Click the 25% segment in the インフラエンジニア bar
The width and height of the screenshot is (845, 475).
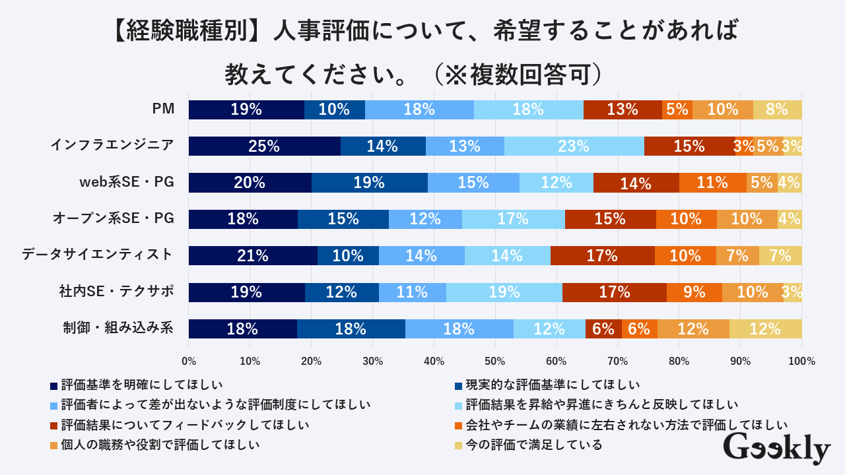(x=264, y=146)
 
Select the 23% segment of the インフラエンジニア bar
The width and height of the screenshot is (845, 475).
(x=574, y=146)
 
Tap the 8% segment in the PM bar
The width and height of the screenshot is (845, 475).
(x=777, y=110)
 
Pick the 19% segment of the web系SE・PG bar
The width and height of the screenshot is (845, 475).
(x=369, y=183)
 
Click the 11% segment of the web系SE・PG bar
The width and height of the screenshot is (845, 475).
(x=712, y=183)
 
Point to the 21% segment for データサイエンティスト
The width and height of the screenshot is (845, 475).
(x=253, y=255)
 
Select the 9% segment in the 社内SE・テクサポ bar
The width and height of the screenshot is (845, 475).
(x=694, y=292)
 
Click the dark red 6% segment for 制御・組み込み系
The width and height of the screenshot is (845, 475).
(x=603, y=328)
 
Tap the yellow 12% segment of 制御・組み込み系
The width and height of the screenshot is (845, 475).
(x=765, y=328)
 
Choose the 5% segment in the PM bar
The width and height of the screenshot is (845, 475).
(x=677, y=110)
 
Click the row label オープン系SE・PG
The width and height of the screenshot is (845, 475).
(x=113, y=218)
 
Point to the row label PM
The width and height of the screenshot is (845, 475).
(x=163, y=110)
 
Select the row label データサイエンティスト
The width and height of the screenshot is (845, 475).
(x=98, y=255)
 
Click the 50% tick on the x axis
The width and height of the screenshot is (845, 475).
(x=495, y=361)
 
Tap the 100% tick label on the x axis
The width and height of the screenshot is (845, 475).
(x=801, y=361)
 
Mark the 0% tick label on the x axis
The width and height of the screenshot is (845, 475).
(x=189, y=361)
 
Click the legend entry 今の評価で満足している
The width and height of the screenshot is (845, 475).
(x=533, y=445)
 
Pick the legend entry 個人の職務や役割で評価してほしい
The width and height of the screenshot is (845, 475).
(x=159, y=445)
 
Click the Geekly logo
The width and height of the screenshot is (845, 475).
(x=776, y=450)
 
